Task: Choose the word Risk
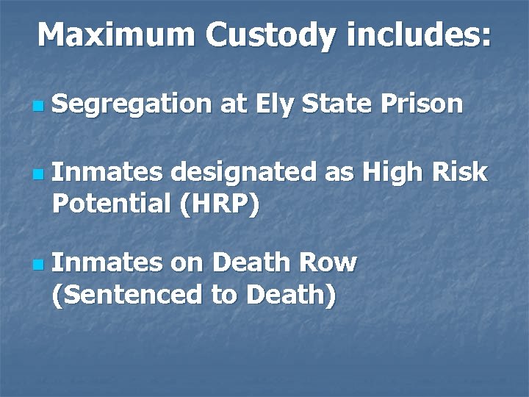point(458,172)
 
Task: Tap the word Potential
point(111,204)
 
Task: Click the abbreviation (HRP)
point(218,204)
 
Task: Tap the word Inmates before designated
point(107,172)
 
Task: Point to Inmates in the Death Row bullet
point(107,262)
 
